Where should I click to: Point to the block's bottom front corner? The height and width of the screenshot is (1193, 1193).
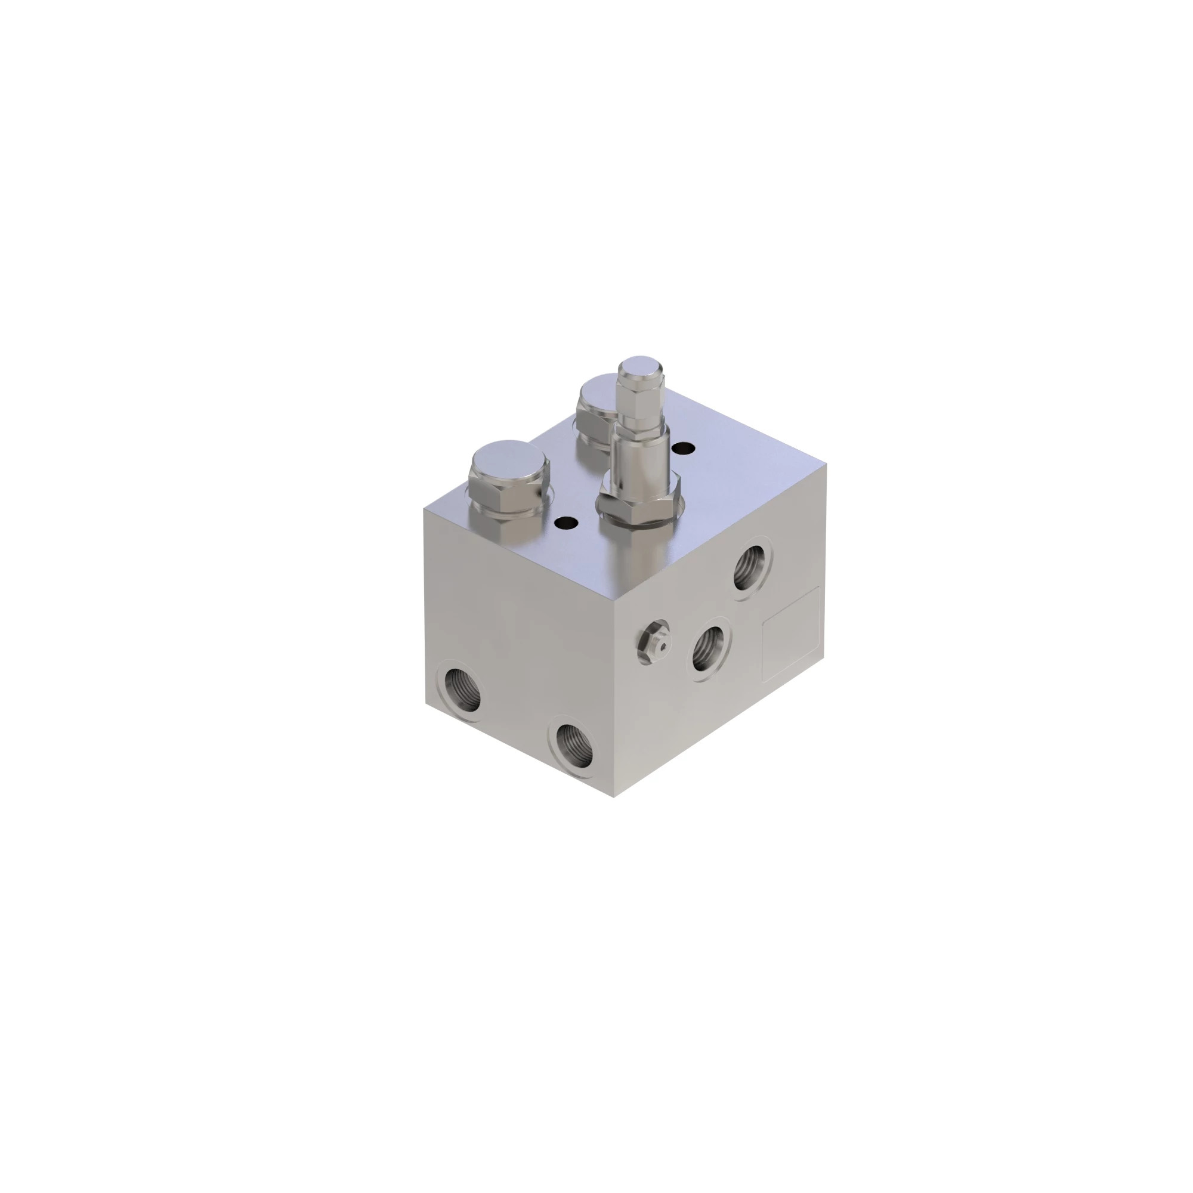pos(614,797)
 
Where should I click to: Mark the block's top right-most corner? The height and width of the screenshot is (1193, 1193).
pos(826,464)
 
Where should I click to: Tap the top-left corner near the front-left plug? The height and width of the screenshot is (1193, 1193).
pos(424,509)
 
